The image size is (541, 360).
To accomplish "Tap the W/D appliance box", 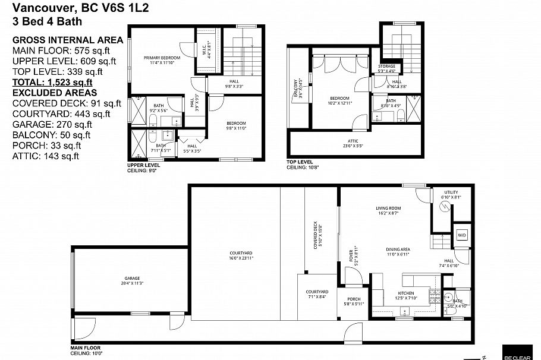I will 461,235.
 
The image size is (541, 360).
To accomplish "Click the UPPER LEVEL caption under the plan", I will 143,165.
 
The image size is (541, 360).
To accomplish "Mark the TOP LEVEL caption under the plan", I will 299,162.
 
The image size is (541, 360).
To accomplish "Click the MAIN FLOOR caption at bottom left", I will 86,348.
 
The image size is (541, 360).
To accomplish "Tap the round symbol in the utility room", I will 443,207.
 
